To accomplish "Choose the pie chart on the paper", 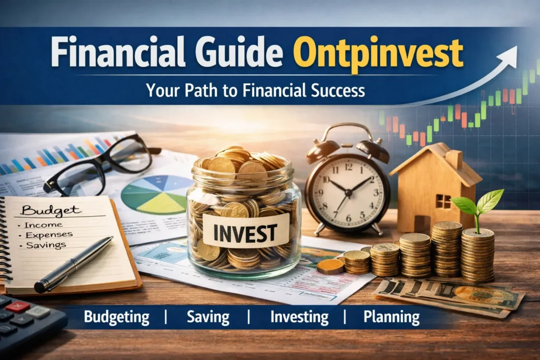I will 150,194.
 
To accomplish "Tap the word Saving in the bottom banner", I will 208,317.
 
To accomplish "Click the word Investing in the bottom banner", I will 300,317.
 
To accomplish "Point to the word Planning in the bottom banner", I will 392,317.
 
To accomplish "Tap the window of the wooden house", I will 442,201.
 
